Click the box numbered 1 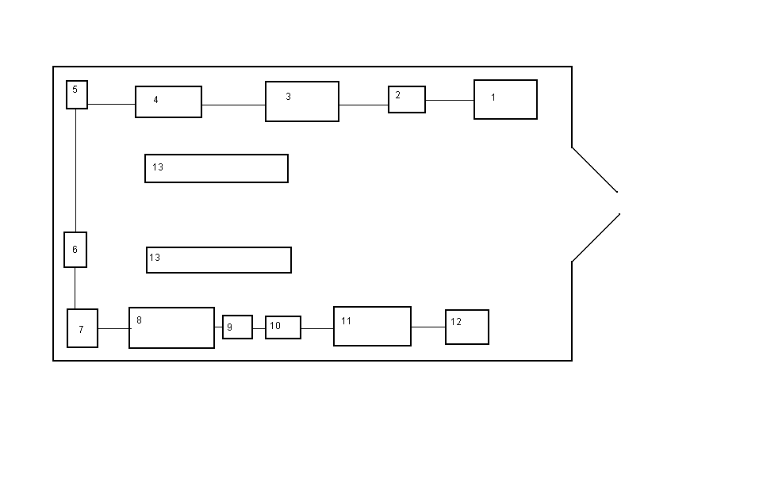pyautogui.click(x=505, y=99)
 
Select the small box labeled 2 pyautogui.click(x=407, y=100)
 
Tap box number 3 pyautogui.click(x=302, y=101)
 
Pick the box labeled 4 pyautogui.click(x=168, y=102)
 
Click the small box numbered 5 pyautogui.click(x=77, y=94)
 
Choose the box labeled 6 pyautogui.click(x=75, y=250)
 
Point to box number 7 pyautogui.click(x=82, y=328)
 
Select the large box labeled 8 pyautogui.click(x=171, y=327)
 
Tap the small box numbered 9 pyautogui.click(x=237, y=327)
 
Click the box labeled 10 pyautogui.click(x=283, y=327)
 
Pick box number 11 pyautogui.click(x=372, y=326)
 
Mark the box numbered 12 pyautogui.click(x=467, y=327)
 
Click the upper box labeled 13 pyautogui.click(x=217, y=168)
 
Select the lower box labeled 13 pyautogui.click(x=219, y=260)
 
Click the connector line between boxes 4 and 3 pyautogui.click(x=233, y=105)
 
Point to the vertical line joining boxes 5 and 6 pyautogui.click(x=75, y=170)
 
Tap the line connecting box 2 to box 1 pyautogui.click(x=450, y=100)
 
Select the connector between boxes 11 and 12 pyautogui.click(x=428, y=327)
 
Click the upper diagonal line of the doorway pyautogui.click(x=595, y=170)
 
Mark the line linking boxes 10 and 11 pyautogui.click(x=317, y=327)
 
